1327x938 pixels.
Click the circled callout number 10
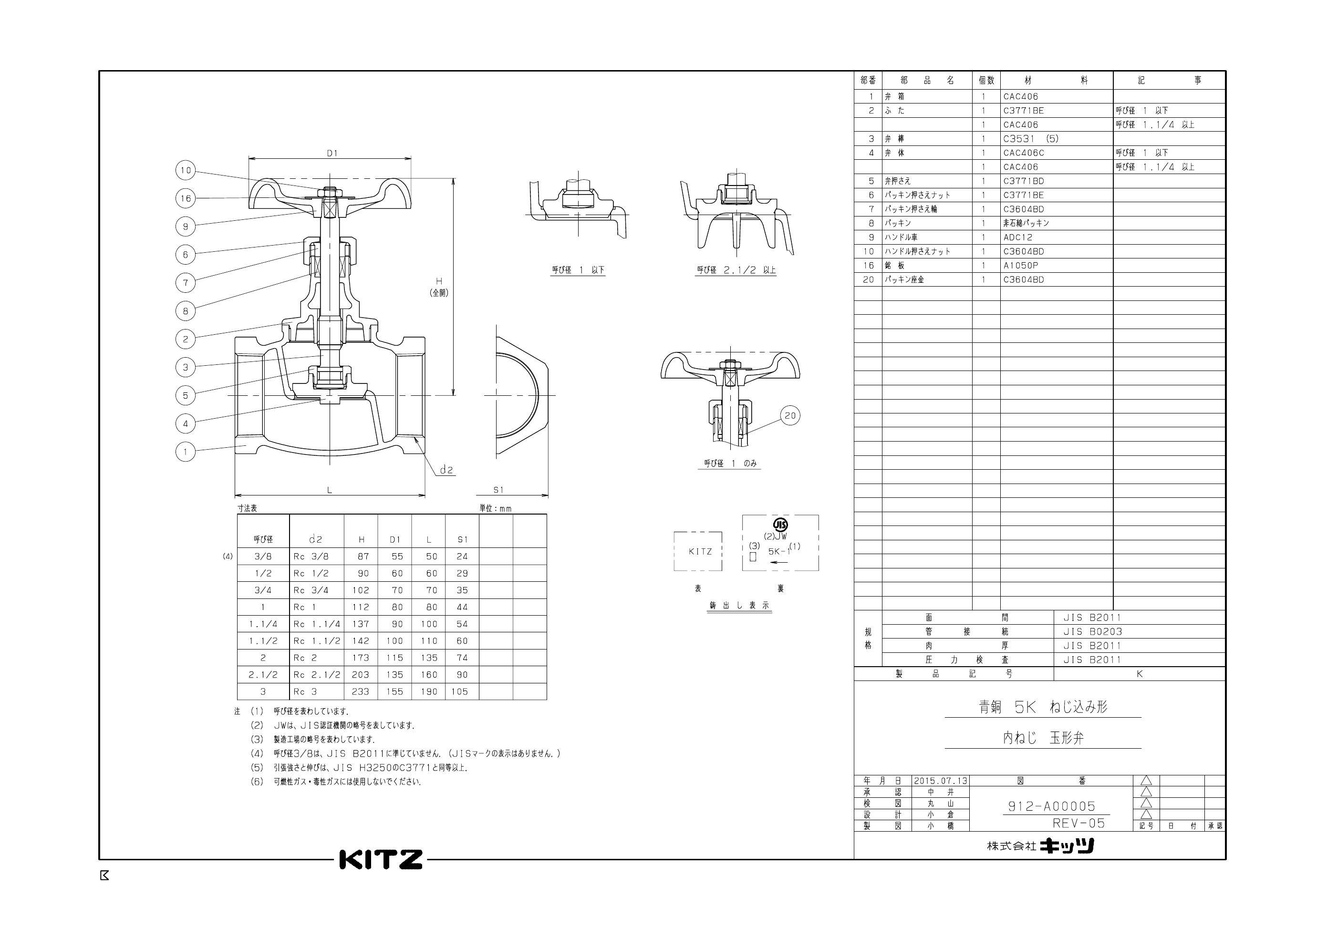(185, 170)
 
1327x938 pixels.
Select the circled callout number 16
(185, 198)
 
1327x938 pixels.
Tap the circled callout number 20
(790, 415)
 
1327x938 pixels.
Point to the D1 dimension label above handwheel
(332, 153)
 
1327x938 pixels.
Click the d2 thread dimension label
(446, 470)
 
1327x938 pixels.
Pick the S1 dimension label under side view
(498, 490)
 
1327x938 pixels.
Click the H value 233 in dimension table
(361, 691)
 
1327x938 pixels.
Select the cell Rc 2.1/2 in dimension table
(316, 674)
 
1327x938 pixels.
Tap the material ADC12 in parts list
(1017, 237)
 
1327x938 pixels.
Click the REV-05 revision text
(1078, 823)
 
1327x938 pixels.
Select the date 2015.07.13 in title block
(940, 781)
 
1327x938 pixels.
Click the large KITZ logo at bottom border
(381, 859)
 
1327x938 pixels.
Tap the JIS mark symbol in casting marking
(780, 525)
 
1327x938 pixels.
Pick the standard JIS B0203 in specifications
(1092, 632)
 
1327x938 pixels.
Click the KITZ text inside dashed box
(700, 551)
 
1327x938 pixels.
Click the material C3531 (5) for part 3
(1030, 139)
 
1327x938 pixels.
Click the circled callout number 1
(185, 452)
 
